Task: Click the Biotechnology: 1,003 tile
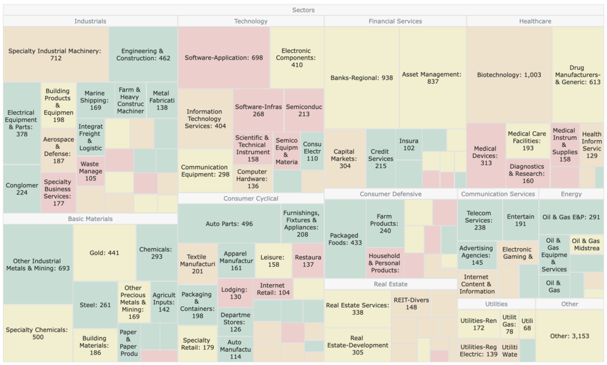pyautogui.click(x=509, y=75)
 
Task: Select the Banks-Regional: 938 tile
pyautogui.click(x=362, y=78)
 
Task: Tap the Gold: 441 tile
pyautogui.click(x=104, y=253)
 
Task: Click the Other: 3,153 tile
pyautogui.click(x=569, y=336)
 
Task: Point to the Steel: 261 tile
pyautogui.click(x=95, y=305)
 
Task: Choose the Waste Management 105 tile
pyautogui.click(x=90, y=171)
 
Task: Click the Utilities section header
pyautogui.click(x=496, y=304)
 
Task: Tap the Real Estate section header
pyautogui.click(x=390, y=284)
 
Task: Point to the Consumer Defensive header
pyautogui.click(x=390, y=194)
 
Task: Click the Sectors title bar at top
pyautogui.click(x=303, y=10)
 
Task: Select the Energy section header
pyautogui.click(x=571, y=194)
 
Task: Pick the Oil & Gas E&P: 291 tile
pyautogui.click(x=571, y=217)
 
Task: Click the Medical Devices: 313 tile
pyautogui.click(x=486, y=155)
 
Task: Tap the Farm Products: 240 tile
pyautogui.click(x=385, y=223)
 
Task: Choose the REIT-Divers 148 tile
pyautogui.click(x=411, y=302)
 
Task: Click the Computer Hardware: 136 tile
pyautogui.click(x=252, y=179)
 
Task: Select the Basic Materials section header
pyautogui.click(x=90, y=219)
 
